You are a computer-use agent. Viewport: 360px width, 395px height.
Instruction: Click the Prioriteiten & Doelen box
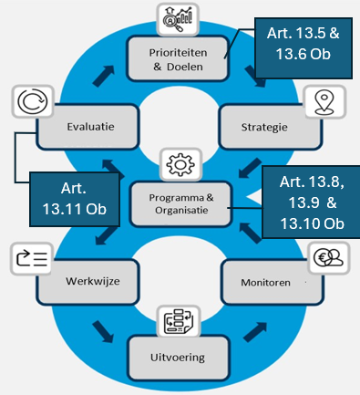click(x=178, y=58)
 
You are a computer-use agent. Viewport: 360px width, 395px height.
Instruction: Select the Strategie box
click(x=270, y=127)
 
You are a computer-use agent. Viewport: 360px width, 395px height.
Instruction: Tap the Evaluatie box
click(x=87, y=127)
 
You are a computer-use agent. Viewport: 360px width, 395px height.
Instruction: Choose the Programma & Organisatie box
click(x=181, y=204)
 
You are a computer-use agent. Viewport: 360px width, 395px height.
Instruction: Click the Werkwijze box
click(x=87, y=281)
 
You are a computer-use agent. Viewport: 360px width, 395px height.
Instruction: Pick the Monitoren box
click(x=273, y=282)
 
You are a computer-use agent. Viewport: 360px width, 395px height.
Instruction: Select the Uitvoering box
click(x=179, y=358)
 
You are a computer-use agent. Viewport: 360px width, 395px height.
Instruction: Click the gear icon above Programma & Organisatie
click(x=180, y=164)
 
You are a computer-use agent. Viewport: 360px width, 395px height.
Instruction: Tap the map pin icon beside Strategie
click(x=324, y=102)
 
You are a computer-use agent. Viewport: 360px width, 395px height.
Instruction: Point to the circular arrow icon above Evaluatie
click(x=33, y=101)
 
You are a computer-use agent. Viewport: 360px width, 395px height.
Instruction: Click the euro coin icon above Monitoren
click(x=328, y=258)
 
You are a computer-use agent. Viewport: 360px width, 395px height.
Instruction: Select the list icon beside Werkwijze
click(x=32, y=259)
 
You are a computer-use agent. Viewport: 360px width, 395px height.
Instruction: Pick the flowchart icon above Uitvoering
click(x=179, y=321)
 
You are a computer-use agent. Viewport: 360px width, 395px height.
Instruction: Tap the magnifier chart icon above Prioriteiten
click(x=178, y=19)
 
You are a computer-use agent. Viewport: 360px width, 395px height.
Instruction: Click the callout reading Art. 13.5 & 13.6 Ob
click(x=303, y=48)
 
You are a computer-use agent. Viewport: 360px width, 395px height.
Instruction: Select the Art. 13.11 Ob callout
click(x=75, y=199)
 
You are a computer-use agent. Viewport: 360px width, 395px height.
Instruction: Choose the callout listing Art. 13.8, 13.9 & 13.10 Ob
click(x=312, y=203)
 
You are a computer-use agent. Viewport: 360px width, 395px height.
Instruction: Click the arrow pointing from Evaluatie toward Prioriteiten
click(x=103, y=76)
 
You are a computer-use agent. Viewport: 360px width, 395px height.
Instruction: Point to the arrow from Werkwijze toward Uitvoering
click(x=103, y=331)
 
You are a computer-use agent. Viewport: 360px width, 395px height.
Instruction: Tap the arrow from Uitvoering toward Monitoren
click(x=255, y=332)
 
